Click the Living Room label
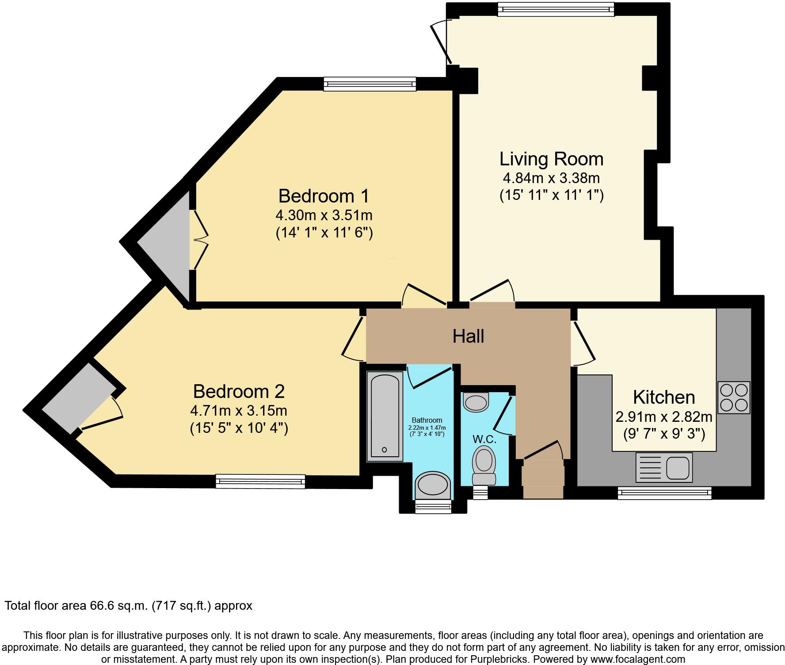551,159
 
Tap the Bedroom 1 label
324,196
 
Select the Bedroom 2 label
239,391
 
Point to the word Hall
468,336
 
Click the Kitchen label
664,397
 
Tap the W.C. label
484,439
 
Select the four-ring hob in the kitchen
734,397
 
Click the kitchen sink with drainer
664,467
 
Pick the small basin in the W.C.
476,402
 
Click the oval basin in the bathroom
433,483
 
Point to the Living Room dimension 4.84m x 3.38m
551,178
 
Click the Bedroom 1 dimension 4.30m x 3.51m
324,215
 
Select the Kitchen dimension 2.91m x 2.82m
664,417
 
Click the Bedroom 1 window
370,84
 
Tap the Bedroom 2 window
260,482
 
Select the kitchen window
664,493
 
